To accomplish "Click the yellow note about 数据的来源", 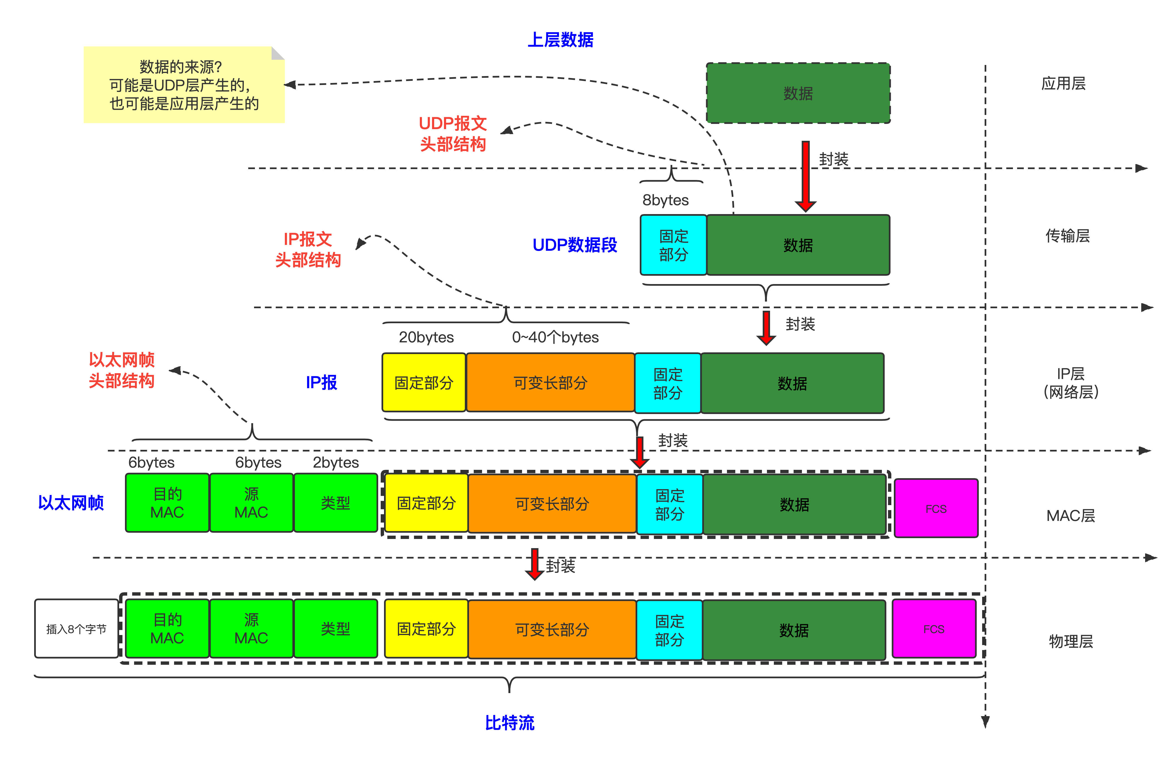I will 184,85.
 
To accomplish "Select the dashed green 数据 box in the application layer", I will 798,93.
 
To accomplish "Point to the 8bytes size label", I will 665,200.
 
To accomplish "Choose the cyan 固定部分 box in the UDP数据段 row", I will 673,245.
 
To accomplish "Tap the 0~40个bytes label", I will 555,337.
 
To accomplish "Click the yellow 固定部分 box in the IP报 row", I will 424,383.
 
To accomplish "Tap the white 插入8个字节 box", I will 76,629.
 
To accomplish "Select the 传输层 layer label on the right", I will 1067,236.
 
